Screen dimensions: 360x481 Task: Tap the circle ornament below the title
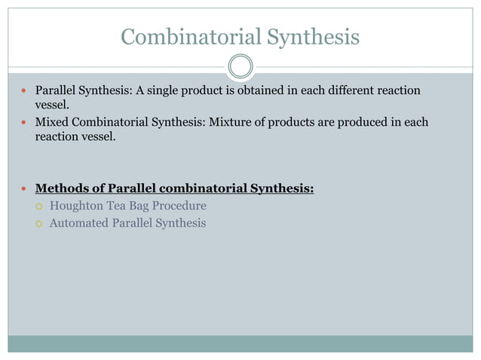click(240, 66)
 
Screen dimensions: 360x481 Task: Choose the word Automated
click(81, 223)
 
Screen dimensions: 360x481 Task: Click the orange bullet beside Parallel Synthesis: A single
click(23, 92)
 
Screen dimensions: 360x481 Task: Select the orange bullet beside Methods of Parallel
click(23, 188)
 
